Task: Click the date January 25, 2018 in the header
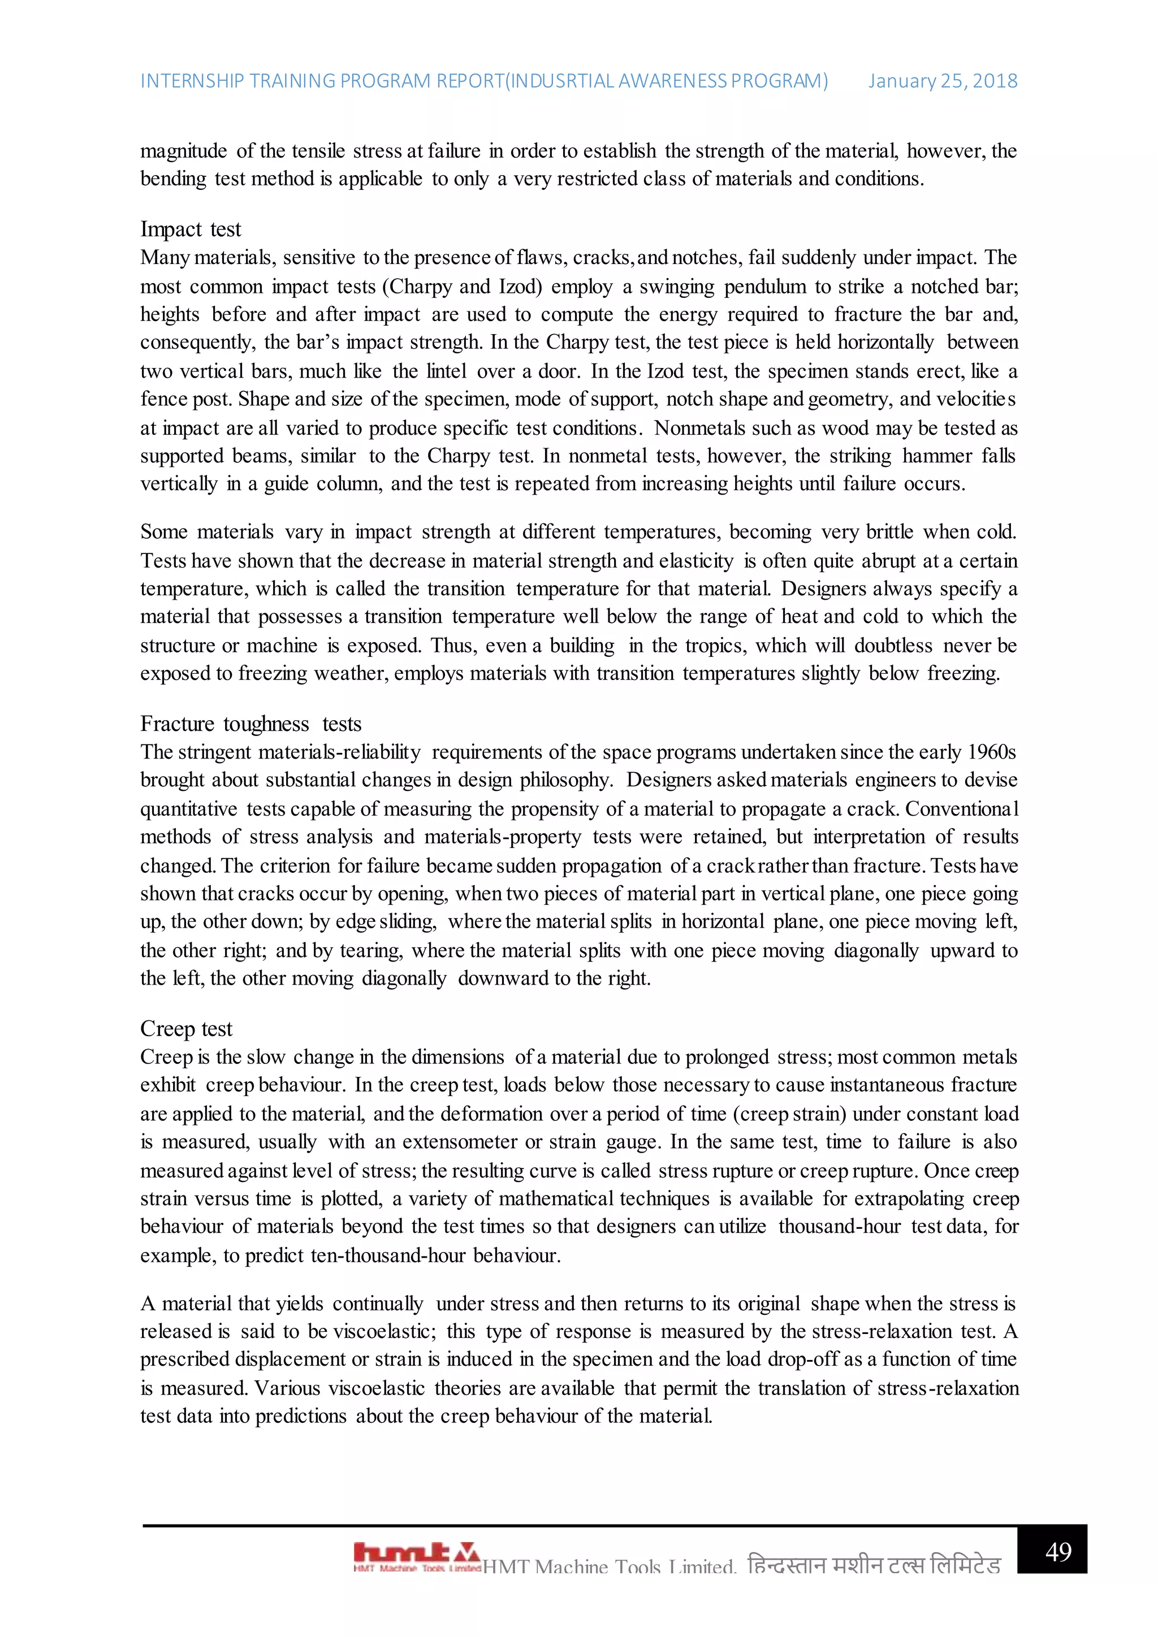click(x=942, y=81)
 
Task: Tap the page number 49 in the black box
click(x=1058, y=1552)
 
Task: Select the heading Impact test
click(x=191, y=229)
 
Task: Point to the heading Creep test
click(x=186, y=1028)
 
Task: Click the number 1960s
click(x=991, y=752)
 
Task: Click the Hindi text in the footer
click(x=874, y=1565)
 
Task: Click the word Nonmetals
click(x=699, y=428)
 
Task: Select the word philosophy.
click(x=565, y=780)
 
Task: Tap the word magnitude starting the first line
click(x=183, y=151)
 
